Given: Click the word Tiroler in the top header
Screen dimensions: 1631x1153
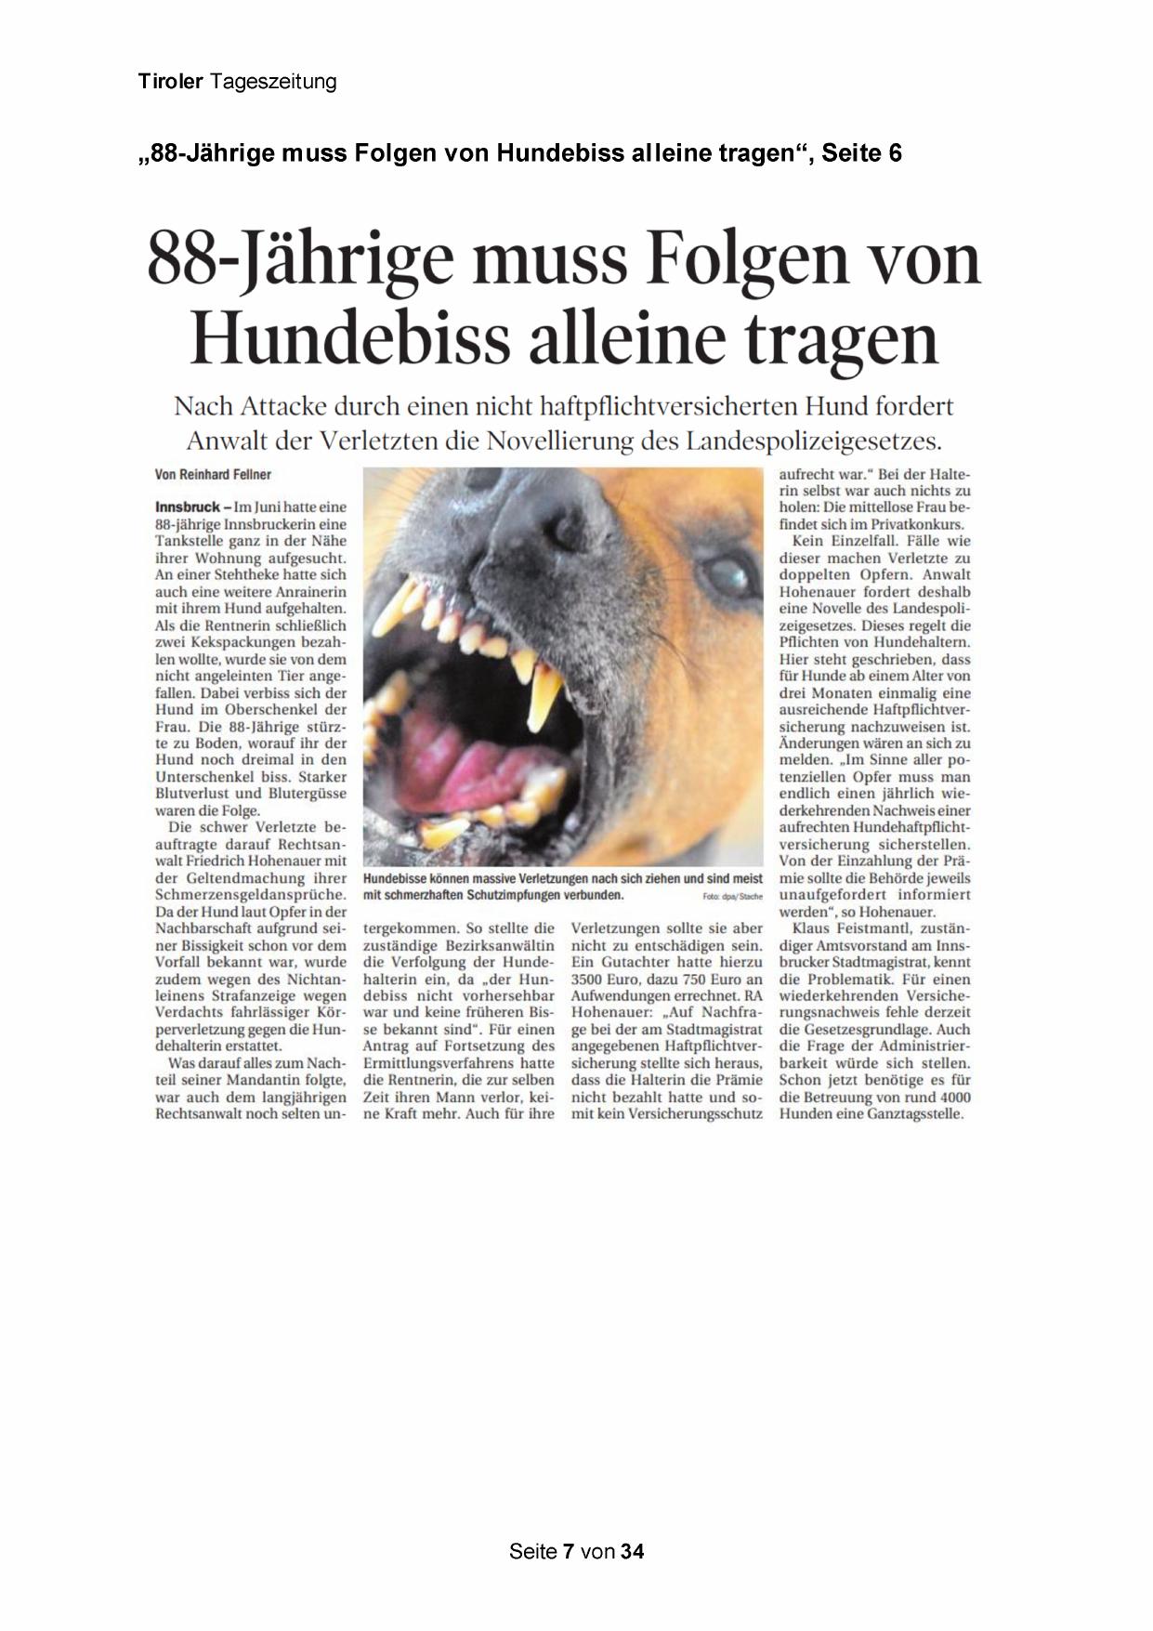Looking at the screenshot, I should click(x=170, y=82).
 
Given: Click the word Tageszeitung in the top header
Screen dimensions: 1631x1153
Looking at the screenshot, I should click(x=273, y=82).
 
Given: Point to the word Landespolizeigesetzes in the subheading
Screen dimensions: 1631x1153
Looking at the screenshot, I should click(x=814, y=440).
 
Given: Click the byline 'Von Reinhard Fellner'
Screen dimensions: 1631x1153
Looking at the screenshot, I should click(x=213, y=475).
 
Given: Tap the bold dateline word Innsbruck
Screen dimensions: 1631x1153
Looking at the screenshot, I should click(x=187, y=507).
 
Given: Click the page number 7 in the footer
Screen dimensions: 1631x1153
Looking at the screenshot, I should click(x=568, y=1551).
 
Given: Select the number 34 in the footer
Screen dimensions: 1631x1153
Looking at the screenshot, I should click(x=633, y=1551).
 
